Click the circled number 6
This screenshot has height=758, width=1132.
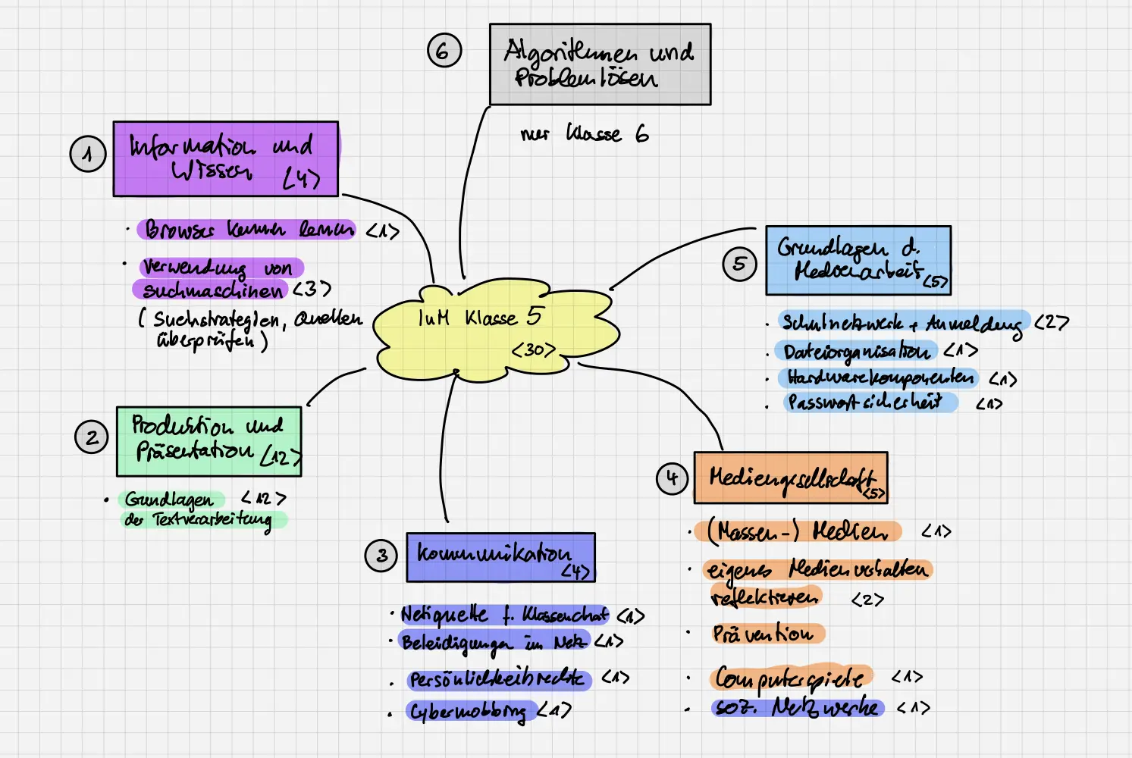444,51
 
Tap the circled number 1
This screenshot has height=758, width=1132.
88,154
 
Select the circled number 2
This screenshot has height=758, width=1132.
92,437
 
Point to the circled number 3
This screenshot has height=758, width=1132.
381,556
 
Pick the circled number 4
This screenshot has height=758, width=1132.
672,478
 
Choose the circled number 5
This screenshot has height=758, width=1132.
739,264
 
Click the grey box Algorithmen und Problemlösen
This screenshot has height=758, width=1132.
600,64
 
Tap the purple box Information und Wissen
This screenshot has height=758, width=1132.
225,158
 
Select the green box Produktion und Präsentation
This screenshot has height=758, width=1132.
209,441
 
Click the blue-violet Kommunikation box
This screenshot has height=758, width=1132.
500,557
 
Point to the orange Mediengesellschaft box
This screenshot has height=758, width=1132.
790,478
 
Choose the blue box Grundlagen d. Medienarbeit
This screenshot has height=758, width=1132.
858,260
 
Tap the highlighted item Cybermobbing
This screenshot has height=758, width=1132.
467,712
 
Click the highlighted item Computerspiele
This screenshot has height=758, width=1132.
791,677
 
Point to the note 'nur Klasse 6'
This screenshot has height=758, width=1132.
584,134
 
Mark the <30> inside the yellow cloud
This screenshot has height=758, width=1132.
534,350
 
